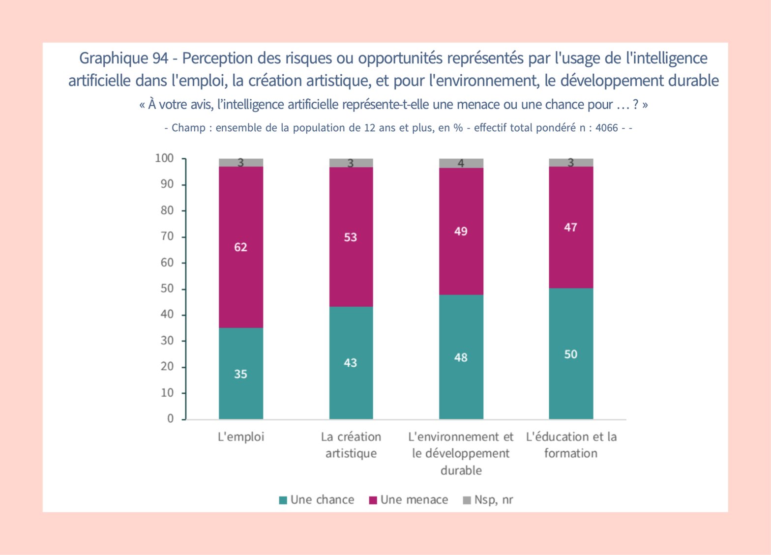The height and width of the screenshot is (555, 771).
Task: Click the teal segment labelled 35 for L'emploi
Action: pos(240,374)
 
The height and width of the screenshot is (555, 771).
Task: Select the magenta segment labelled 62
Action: pos(240,247)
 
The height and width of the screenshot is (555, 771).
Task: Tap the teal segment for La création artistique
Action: pos(351,363)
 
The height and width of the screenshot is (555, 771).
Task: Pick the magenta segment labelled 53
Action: pos(351,237)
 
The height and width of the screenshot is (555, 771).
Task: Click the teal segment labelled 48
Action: pos(461,357)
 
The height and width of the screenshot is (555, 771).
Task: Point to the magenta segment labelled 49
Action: pos(461,231)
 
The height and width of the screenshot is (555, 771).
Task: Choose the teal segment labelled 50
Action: pos(571,354)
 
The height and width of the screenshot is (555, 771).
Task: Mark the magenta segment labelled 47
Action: pos(571,227)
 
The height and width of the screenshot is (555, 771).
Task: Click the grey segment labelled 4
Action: pos(461,163)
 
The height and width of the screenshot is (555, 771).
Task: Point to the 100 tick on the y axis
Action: pos(165,158)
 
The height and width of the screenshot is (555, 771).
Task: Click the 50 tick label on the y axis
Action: pos(167,289)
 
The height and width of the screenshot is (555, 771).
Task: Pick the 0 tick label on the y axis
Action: pos(170,419)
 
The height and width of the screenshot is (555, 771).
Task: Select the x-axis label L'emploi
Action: pos(240,437)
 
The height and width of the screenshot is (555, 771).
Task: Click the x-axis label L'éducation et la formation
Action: pos(571,445)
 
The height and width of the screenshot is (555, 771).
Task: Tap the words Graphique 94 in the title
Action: pos(123,58)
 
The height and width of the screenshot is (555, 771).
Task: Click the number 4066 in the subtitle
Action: pos(606,128)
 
